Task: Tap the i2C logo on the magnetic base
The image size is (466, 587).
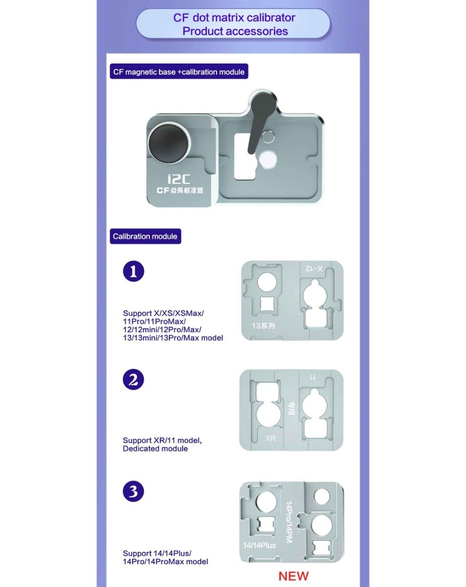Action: pyautogui.click(x=178, y=180)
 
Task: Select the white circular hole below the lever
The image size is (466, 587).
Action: pyautogui.click(x=268, y=159)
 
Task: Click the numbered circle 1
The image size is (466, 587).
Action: pyautogui.click(x=133, y=271)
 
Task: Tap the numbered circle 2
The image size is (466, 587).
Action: pyautogui.click(x=133, y=379)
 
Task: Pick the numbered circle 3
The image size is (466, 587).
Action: pyautogui.click(x=133, y=492)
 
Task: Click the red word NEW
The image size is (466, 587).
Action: pyautogui.click(x=293, y=576)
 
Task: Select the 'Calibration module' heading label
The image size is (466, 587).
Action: pyautogui.click(x=145, y=236)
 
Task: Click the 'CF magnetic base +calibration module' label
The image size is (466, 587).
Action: pyautogui.click(x=179, y=72)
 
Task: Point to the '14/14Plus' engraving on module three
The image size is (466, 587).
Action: pyautogui.click(x=259, y=545)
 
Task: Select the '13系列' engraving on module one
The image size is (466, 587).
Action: pyautogui.click(x=263, y=326)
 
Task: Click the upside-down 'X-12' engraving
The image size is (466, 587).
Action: pyautogui.click(x=313, y=269)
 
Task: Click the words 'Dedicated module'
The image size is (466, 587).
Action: pyautogui.click(x=155, y=449)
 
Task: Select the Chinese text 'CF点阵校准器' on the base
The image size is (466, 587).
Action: pyautogui.click(x=180, y=190)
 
